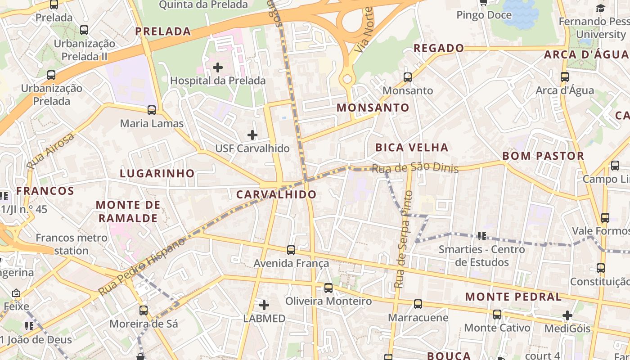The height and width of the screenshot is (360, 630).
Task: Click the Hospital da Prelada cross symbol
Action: pos(218,68)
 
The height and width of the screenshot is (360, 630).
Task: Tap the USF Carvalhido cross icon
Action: pos(252,135)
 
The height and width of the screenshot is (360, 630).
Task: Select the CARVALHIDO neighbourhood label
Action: pos(276,195)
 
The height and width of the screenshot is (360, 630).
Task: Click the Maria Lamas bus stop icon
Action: pos(152,110)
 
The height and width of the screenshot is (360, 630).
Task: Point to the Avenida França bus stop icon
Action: pos(291,250)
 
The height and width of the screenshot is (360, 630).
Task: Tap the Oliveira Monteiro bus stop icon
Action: pos(328,288)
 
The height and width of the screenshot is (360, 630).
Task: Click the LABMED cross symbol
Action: pos(264,305)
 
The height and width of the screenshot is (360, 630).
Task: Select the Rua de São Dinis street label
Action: pos(415,168)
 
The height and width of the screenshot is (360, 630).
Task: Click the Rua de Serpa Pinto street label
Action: pos(403,240)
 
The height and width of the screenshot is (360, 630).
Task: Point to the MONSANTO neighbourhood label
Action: pos(373,108)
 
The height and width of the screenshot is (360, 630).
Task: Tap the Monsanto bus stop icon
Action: pos(408,77)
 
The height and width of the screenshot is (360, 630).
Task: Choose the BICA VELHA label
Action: pos(412,148)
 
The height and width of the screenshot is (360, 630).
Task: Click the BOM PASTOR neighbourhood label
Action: pos(543,156)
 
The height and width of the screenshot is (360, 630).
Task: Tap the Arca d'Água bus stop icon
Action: pos(565,77)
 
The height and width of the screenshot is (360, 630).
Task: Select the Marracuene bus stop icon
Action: pos(418,304)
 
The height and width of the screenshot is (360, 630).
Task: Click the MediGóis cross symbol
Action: pos(567,315)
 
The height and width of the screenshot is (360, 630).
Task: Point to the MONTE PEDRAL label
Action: pos(513,297)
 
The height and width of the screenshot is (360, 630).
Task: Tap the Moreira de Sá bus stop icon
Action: pos(144,310)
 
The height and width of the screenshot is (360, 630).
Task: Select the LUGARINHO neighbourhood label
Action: pos(157,173)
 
